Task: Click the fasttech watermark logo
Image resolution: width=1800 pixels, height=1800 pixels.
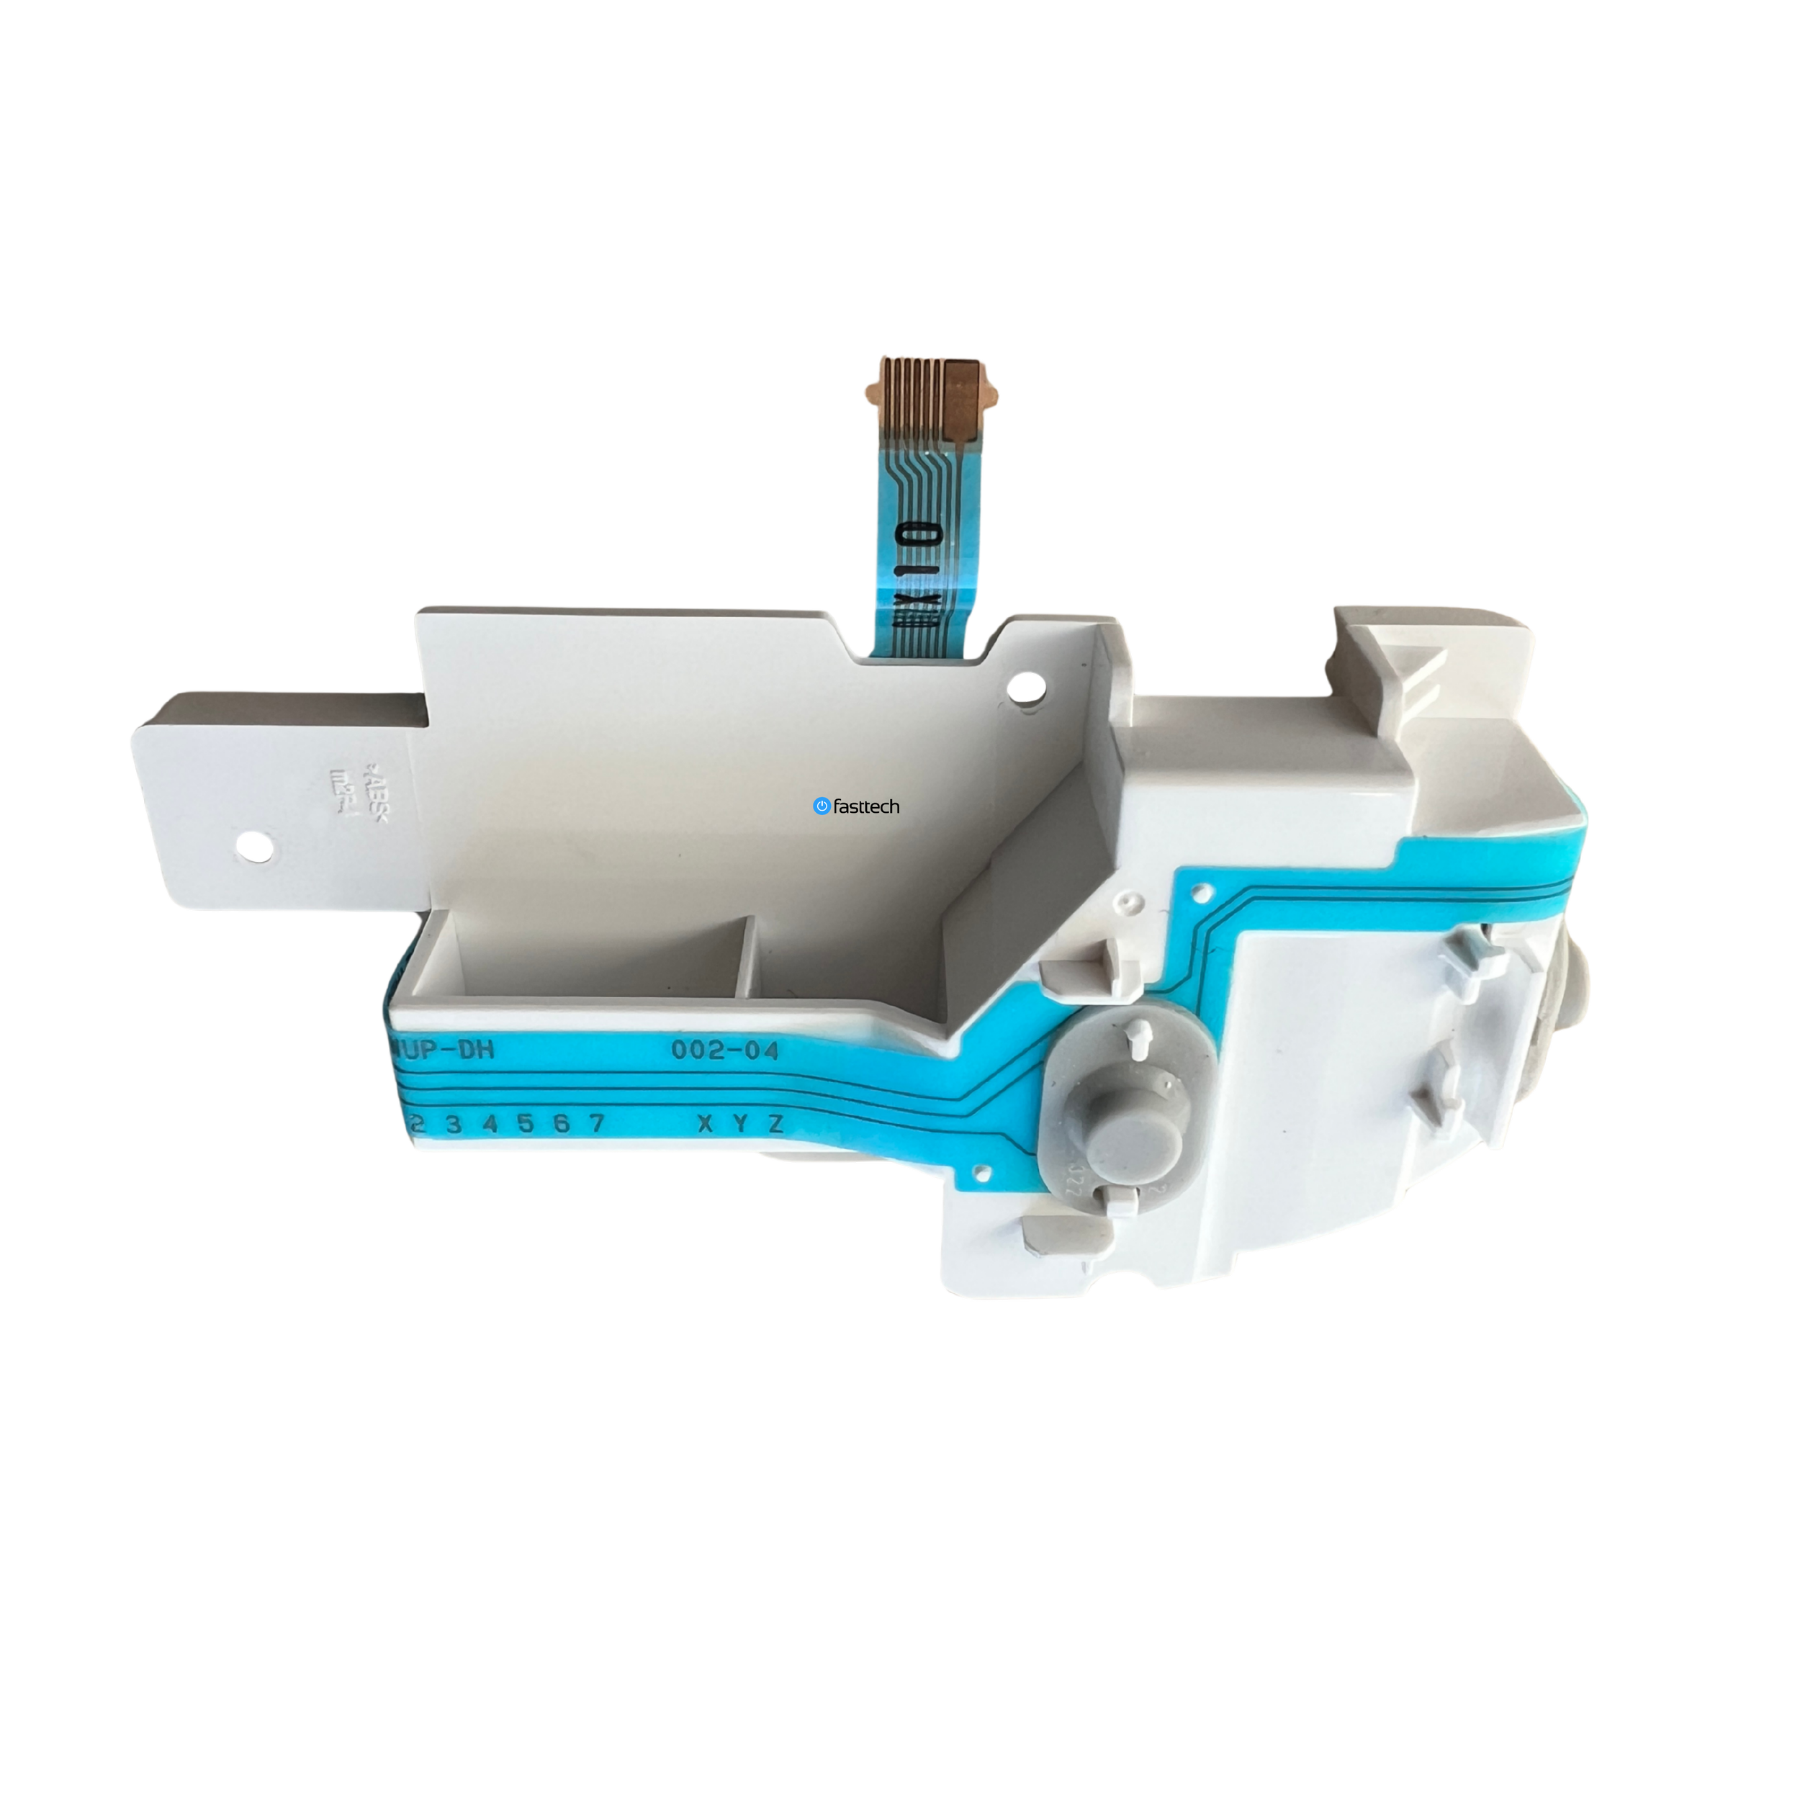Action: pos(855,806)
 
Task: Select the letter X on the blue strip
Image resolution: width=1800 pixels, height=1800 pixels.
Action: pos(706,1124)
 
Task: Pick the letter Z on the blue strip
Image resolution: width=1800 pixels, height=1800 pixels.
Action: pos(775,1124)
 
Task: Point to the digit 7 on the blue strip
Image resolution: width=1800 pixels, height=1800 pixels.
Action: pos(596,1124)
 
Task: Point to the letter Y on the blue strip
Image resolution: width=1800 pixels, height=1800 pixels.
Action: pos(741,1124)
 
